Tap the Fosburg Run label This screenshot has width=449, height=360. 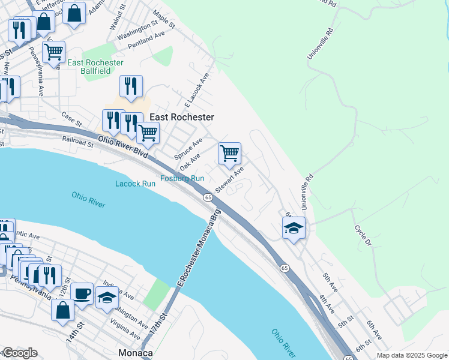click(x=182, y=178)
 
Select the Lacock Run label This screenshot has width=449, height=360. click(x=135, y=184)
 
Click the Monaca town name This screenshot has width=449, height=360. click(x=135, y=353)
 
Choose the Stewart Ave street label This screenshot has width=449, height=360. click(x=230, y=180)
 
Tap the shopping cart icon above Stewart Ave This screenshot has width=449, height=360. click(x=230, y=154)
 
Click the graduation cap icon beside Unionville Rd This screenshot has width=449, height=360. click(x=294, y=228)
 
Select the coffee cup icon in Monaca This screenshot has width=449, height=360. click(x=82, y=294)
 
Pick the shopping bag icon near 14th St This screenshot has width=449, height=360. click(x=63, y=310)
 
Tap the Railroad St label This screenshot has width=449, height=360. click(x=78, y=142)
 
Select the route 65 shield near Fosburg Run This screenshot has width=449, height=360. click(x=208, y=197)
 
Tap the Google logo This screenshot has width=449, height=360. click(x=20, y=353)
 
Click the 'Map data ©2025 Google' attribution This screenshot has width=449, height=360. click(x=411, y=355)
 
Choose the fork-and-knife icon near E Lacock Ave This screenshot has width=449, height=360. click(x=131, y=86)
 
